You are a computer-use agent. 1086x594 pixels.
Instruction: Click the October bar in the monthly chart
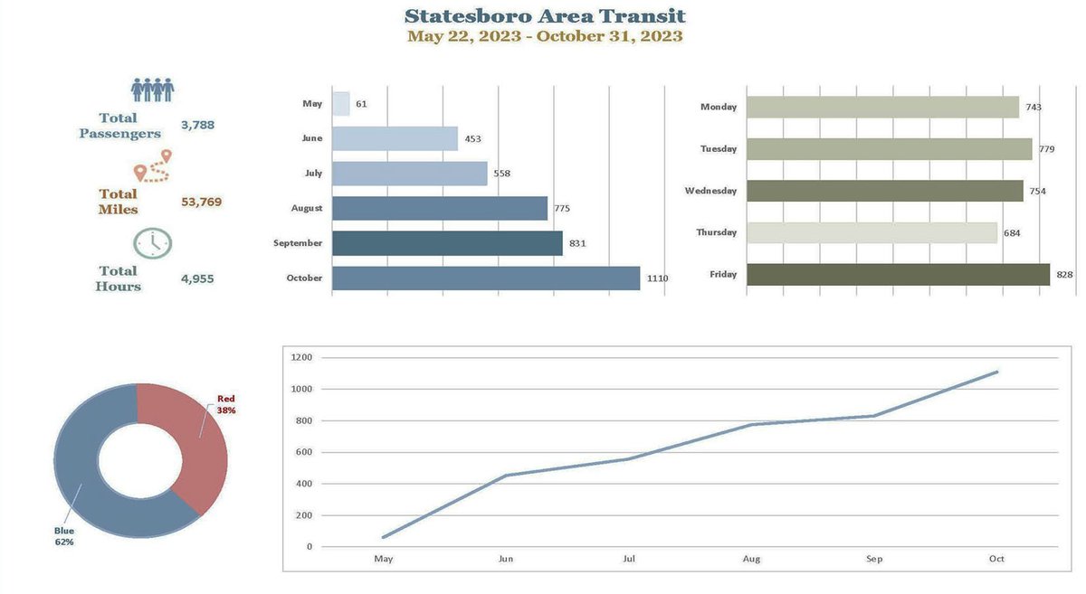(486, 278)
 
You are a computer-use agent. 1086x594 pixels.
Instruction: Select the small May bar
(341, 104)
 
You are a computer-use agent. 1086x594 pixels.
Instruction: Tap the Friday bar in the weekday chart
(898, 274)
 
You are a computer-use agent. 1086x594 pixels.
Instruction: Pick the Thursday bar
(872, 232)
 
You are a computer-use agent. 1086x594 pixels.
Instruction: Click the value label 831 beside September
(578, 243)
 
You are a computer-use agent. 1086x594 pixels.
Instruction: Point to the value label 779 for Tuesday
(1046, 149)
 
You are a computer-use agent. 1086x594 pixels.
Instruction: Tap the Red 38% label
(226, 404)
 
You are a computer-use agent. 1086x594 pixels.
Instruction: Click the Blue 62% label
(63, 536)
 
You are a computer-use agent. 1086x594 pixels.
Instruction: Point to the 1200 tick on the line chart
(301, 357)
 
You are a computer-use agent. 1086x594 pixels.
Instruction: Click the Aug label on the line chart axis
(751, 559)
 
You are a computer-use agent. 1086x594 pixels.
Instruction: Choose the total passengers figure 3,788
(197, 125)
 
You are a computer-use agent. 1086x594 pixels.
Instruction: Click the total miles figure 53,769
(201, 202)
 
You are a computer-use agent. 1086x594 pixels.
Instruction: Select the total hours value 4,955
(197, 278)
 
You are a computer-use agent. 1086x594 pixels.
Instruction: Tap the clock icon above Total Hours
(152, 242)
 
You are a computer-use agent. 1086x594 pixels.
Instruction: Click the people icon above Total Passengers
(152, 90)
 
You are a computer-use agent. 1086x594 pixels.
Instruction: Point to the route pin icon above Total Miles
(152, 166)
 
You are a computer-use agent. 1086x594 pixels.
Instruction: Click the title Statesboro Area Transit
(545, 15)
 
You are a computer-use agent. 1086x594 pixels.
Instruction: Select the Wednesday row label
(710, 191)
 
